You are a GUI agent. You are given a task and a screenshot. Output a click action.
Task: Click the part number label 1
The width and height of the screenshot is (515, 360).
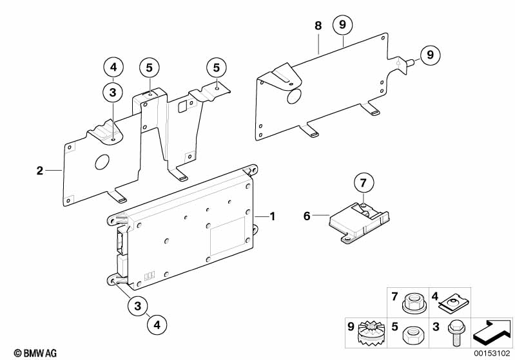point(272,216)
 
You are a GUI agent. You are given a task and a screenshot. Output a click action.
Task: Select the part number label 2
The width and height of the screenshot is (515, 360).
point(40,171)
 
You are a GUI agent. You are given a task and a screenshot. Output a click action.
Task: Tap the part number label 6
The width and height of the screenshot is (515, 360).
point(307,216)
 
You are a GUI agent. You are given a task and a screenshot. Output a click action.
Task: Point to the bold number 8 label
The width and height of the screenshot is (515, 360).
point(318,26)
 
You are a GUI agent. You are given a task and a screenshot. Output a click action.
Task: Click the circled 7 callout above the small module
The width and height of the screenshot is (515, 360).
point(364,182)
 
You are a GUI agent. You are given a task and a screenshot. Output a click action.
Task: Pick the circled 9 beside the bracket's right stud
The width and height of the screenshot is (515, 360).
point(431,55)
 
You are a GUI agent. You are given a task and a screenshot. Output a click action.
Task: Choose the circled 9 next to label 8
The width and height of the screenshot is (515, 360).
point(342,24)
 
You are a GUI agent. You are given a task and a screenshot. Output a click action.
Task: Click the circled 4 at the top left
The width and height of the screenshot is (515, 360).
point(113,67)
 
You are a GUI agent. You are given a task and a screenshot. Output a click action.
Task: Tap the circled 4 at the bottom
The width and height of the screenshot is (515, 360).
point(157,325)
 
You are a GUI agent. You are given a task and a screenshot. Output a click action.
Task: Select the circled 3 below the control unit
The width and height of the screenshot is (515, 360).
point(138,306)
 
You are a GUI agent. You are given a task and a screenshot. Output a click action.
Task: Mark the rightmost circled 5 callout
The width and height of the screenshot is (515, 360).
point(217,67)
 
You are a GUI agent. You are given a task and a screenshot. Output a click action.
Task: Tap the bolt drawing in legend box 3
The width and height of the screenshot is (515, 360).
point(454,332)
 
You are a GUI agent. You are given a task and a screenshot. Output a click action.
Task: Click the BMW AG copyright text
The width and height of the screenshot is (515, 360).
point(35,353)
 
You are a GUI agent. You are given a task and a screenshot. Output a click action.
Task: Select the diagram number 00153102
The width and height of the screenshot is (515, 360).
point(492,354)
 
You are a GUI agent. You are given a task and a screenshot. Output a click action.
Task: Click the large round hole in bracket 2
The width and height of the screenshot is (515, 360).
point(102,162)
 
